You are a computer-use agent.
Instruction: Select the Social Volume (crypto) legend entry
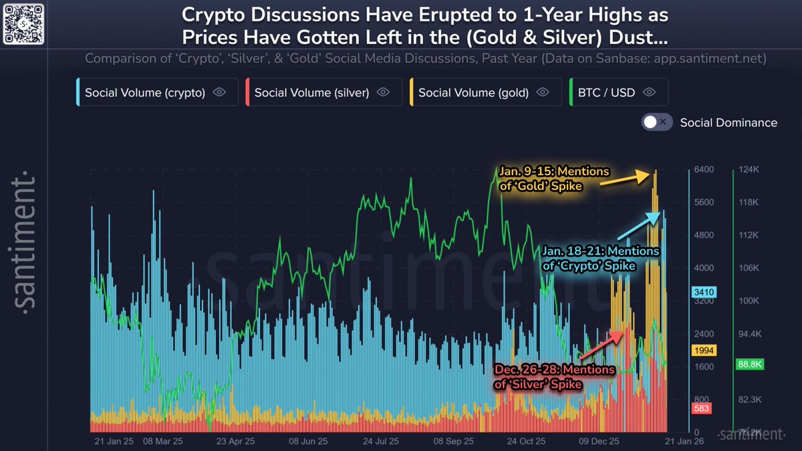point(157,93)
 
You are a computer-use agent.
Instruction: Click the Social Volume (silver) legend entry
point(324,93)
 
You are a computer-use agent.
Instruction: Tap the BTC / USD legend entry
point(618,93)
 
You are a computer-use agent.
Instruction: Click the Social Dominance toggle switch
point(656,122)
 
